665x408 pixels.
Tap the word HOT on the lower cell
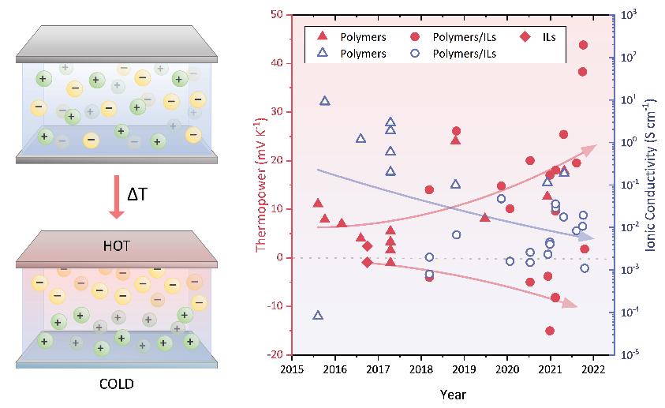tap(118, 247)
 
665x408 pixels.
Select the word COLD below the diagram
tap(118, 384)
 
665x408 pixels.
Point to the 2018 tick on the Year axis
tap(421, 369)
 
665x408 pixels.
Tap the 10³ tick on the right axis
tap(630, 14)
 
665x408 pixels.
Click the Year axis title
tap(453, 393)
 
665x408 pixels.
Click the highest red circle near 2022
tap(583, 45)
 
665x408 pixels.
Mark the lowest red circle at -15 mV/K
tap(550, 331)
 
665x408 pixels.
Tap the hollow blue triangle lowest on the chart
tap(318, 315)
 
